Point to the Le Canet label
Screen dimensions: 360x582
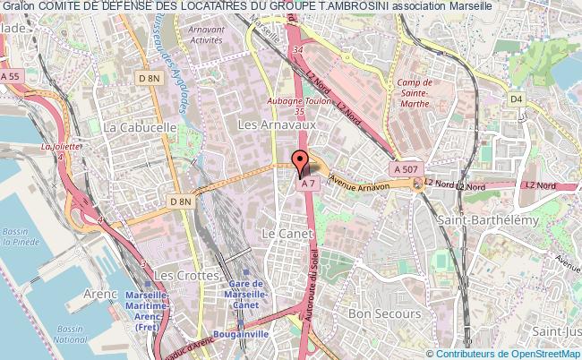coord(280,232)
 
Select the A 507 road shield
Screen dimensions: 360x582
coord(403,167)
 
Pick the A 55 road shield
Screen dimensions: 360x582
coord(10,77)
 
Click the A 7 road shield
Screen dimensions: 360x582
coord(308,184)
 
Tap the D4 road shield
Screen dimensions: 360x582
coord(515,99)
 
